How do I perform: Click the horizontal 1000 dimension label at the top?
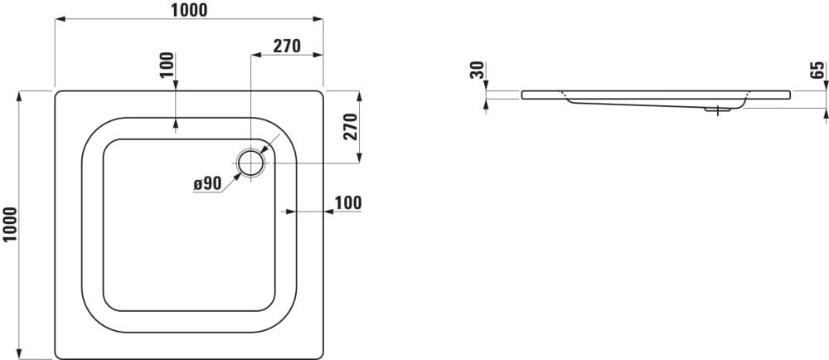click(x=189, y=9)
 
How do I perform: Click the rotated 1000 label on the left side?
click(x=10, y=225)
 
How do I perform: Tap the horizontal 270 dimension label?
click(x=287, y=46)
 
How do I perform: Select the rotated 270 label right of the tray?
click(x=351, y=127)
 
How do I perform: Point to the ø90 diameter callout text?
click(x=207, y=183)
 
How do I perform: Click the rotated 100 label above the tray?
click(x=167, y=65)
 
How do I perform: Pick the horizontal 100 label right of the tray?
click(x=348, y=202)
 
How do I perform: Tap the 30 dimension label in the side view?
click(x=477, y=70)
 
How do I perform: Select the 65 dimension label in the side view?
click(x=817, y=70)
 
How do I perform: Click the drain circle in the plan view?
click(x=250, y=163)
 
